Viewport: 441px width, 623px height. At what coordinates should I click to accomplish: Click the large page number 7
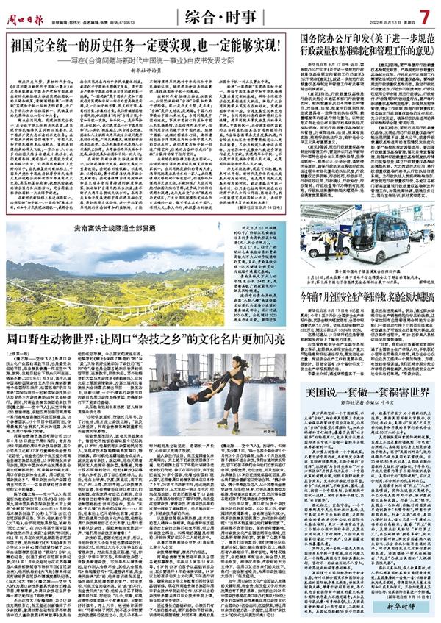tap(424, 15)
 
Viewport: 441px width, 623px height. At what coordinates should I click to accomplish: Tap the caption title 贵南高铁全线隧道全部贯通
tap(114, 229)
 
